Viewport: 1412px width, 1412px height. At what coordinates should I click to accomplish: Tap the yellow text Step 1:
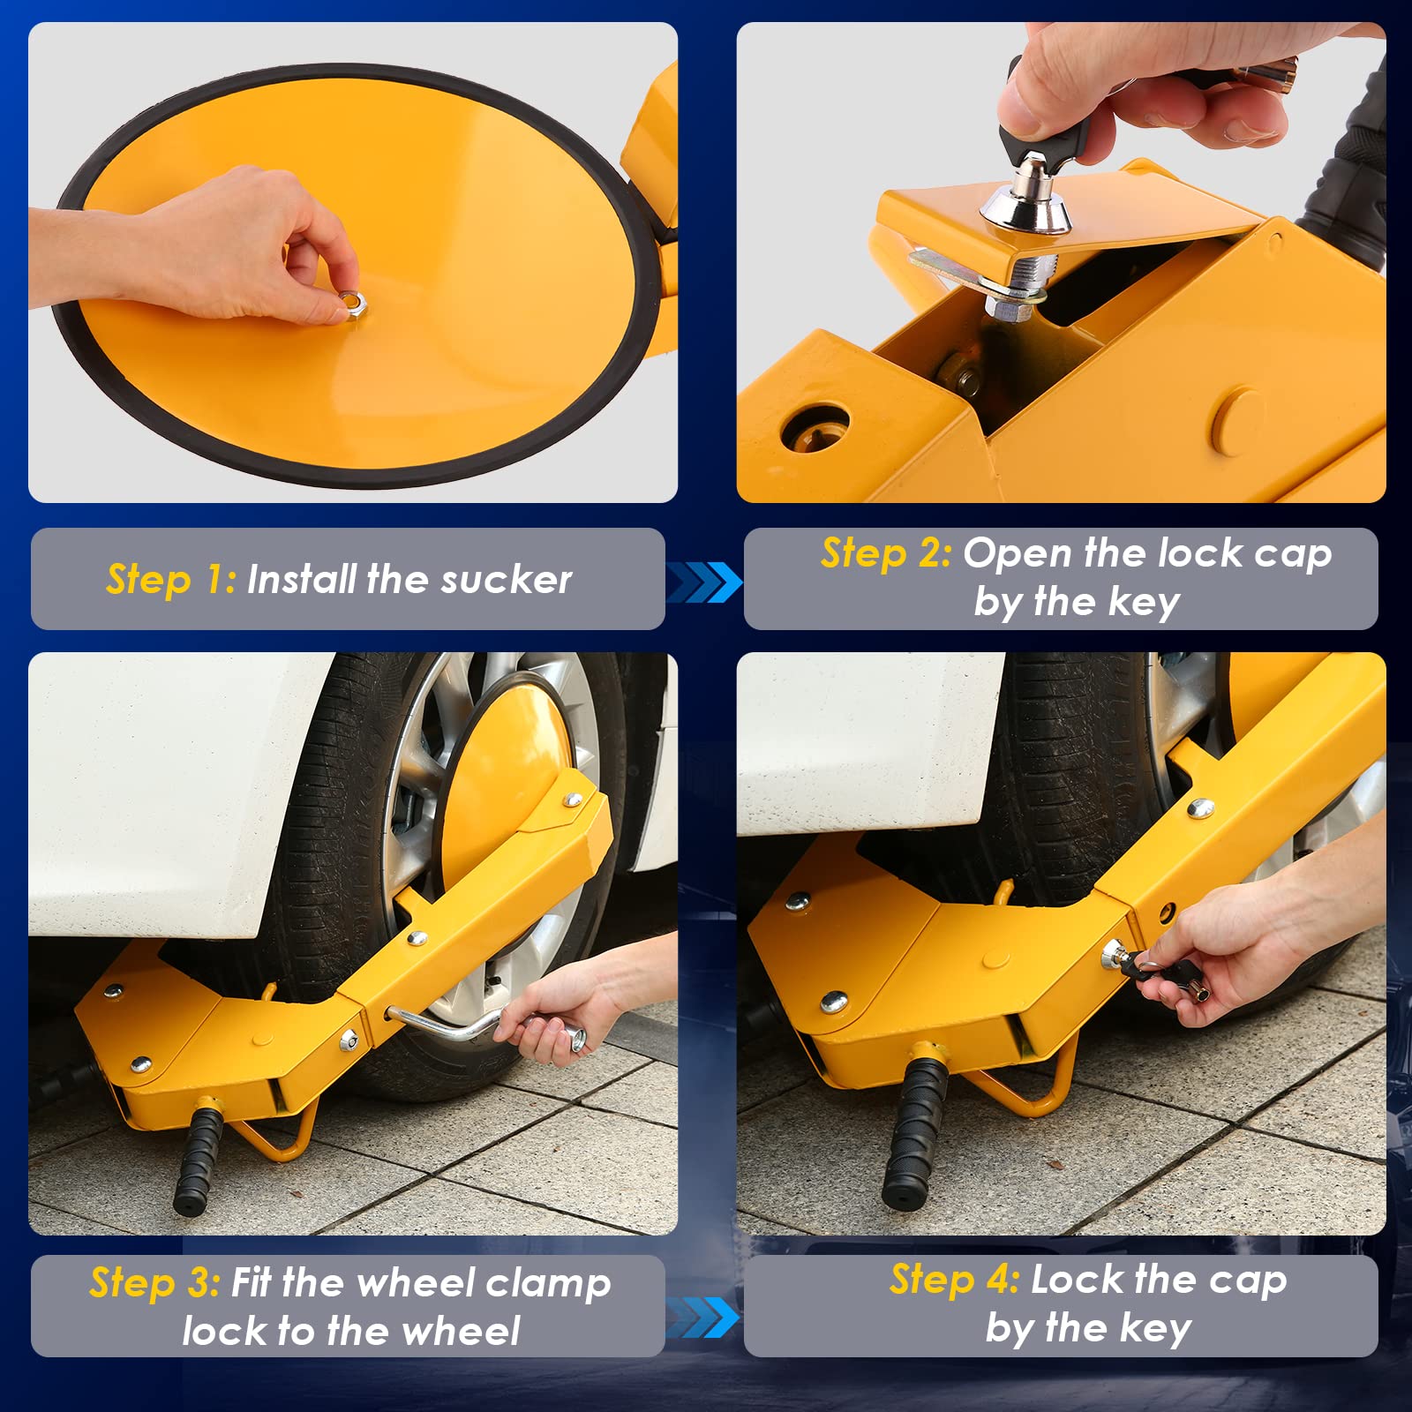(170, 580)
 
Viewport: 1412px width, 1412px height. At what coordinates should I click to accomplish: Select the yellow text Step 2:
(885, 553)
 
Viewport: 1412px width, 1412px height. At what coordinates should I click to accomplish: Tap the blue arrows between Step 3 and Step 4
(703, 1317)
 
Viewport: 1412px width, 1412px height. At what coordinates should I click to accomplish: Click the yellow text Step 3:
(154, 1282)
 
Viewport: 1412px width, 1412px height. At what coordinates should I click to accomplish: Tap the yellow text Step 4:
(954, 1279)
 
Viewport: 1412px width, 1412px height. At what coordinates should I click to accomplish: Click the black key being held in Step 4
(1147, 971)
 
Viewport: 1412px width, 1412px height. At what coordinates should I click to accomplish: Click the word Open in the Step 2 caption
(1017, 553)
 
